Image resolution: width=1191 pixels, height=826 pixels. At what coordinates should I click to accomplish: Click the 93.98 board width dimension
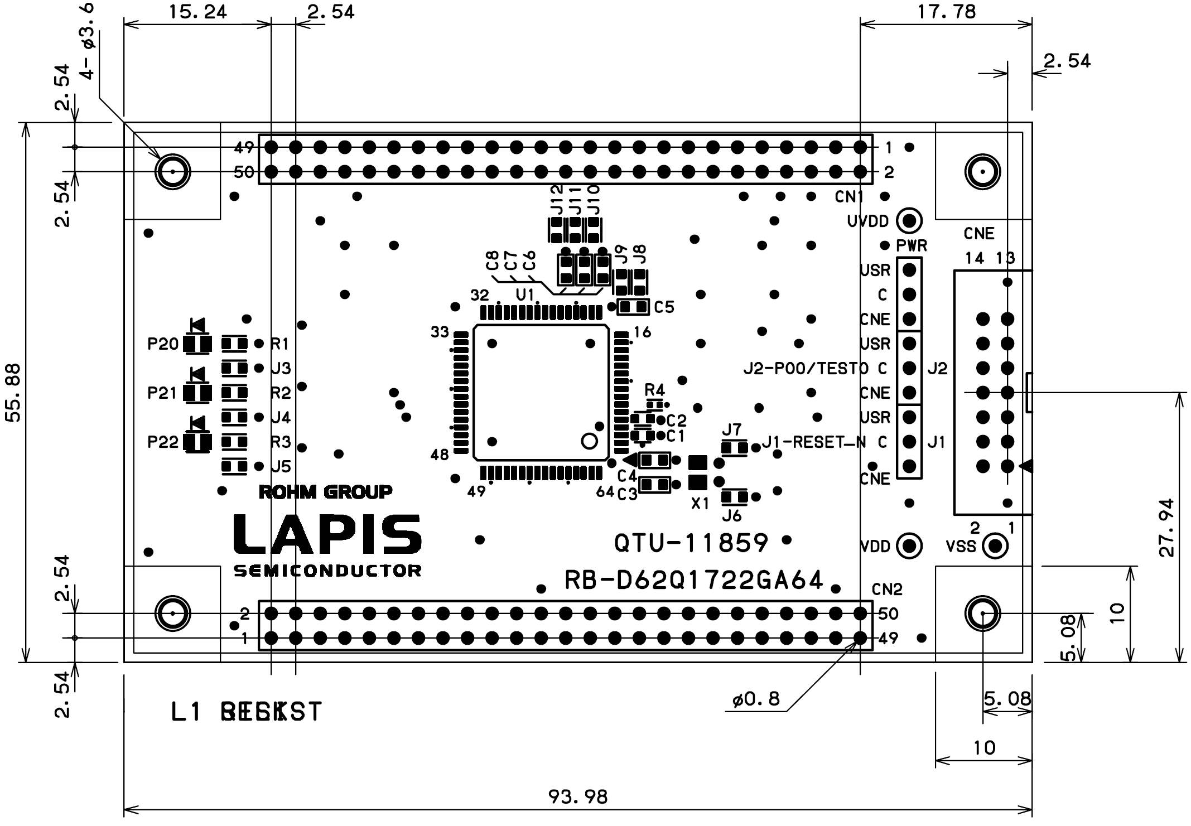click(577, 796)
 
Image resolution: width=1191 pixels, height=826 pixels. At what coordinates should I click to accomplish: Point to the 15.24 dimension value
click(197, 12)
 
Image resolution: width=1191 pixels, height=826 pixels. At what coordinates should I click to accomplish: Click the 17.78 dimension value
click(947, 12)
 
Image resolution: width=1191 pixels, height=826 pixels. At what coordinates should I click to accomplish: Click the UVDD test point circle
click(909, 221)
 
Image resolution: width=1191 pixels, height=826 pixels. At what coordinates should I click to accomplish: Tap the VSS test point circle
click(994, 546)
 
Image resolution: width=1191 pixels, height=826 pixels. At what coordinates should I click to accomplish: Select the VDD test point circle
click(909, 546)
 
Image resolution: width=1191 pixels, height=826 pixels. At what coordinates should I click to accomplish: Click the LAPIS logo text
click(327, 534)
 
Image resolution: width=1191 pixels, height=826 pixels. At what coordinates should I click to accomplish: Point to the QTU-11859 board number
click(691, 543)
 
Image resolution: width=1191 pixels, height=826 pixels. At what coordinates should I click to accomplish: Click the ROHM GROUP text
click(325, 492)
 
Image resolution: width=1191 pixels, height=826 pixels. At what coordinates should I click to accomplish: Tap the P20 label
click(162, 345)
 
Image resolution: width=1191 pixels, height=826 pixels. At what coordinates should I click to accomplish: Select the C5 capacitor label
click(664, 307)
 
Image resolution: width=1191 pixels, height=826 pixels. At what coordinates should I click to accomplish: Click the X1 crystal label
click(700, 504)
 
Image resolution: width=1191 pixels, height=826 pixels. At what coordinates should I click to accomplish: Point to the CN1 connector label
click(849, 197)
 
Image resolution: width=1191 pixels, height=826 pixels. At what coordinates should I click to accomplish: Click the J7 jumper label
click(731, 430)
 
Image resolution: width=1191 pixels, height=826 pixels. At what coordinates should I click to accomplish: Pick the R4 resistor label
click(654, 389)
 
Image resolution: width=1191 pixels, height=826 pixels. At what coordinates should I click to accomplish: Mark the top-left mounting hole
click(172, 172)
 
